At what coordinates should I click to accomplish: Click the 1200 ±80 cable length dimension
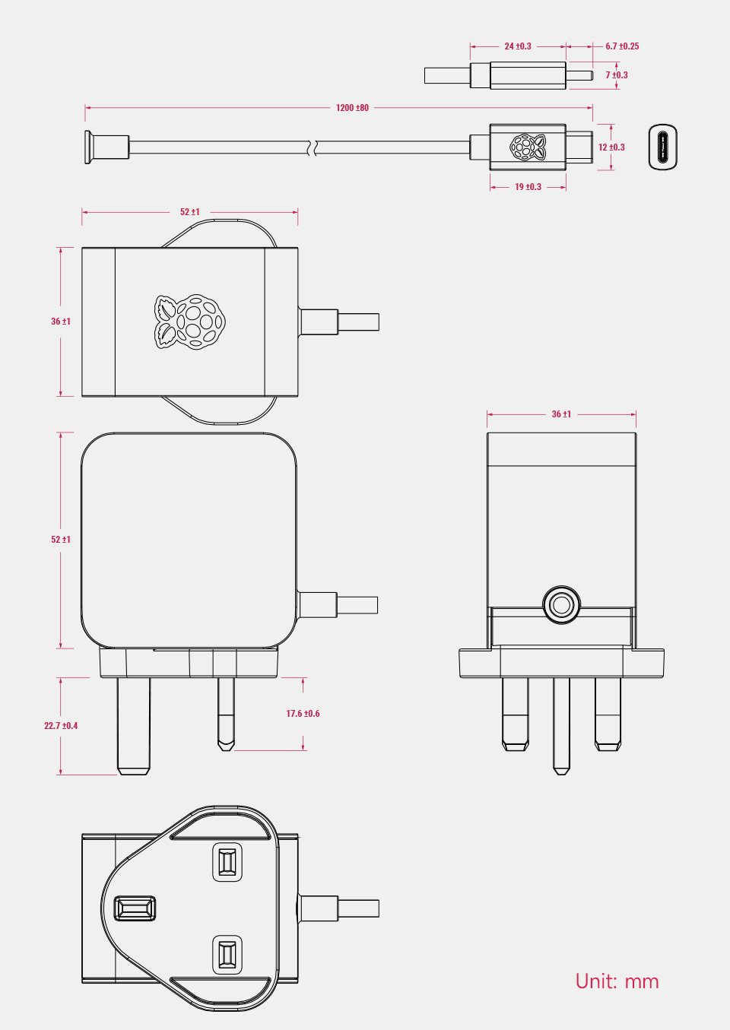(352, 108)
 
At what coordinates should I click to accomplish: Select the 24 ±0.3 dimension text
(518, 46)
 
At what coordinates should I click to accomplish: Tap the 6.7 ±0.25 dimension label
(622, 46)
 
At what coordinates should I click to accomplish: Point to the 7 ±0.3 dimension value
(617, 75)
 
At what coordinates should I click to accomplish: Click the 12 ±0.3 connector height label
(611, 147)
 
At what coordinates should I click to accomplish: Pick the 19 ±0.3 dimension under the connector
(528, 187)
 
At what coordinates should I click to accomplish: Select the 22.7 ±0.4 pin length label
(61, 726)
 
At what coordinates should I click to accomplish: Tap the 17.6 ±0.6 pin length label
(303, 714)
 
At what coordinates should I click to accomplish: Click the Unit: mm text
(617, 981)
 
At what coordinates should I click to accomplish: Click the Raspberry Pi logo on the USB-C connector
(528, 147)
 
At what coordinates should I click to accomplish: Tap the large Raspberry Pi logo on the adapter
(190, 322)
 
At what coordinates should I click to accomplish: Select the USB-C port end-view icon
(662, 147)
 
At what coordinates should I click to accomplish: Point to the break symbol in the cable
(312, 147)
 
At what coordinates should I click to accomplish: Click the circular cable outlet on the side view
(561, 604)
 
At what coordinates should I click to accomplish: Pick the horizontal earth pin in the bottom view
(135, 908)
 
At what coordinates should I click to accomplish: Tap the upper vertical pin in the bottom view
(227, 863)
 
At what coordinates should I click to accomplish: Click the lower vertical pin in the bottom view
(227, 955)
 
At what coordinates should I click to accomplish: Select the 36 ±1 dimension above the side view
(561, 414)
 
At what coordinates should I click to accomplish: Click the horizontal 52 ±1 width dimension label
(190, 212)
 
